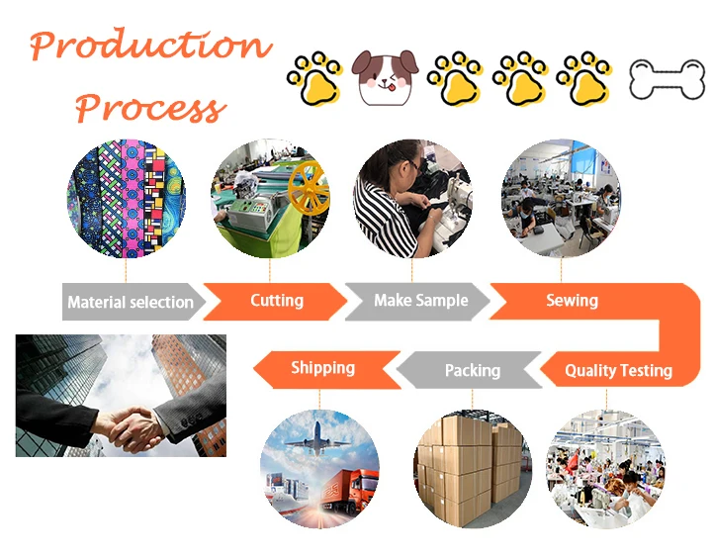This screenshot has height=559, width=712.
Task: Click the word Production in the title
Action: [150, 47]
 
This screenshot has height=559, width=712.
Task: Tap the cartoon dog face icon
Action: [386, 77]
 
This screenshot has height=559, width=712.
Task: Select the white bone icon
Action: [667, 78]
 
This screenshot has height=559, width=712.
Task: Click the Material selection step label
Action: [130, 302]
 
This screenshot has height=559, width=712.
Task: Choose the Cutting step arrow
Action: [276, 301]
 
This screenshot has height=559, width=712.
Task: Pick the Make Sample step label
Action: [420, 301]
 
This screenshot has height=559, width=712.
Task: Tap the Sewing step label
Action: [572, 301]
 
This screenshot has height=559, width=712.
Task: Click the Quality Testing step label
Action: [618, 371]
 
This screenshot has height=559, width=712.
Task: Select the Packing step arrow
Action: [472, 371]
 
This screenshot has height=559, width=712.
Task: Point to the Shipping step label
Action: [322, 368]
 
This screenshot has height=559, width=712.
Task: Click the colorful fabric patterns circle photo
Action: [126, 198]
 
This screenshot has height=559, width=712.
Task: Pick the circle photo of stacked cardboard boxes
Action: [472, 468]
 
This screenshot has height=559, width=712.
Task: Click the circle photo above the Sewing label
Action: [561, 198]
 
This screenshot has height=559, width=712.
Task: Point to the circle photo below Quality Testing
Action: [606, 468]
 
